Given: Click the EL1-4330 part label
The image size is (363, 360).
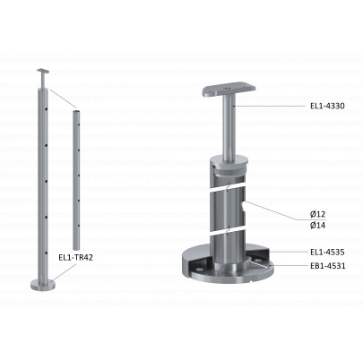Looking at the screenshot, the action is click(327, 106).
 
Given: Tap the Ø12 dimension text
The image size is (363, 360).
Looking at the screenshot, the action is click(317, 214).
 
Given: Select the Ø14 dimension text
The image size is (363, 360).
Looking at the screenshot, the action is click(317, 225).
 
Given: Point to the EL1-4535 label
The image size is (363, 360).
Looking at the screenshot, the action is click(327, 253).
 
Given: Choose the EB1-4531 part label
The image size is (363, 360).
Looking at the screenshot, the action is click(328, 265).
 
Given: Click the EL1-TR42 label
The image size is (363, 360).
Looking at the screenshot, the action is click(75, 257).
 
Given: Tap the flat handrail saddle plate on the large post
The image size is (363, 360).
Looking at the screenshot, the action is click(229, 90).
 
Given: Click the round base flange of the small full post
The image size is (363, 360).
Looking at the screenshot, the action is click(43, 285).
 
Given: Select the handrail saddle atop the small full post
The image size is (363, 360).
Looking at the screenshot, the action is click(43, 71).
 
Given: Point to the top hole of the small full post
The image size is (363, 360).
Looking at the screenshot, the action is click(46, 109).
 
